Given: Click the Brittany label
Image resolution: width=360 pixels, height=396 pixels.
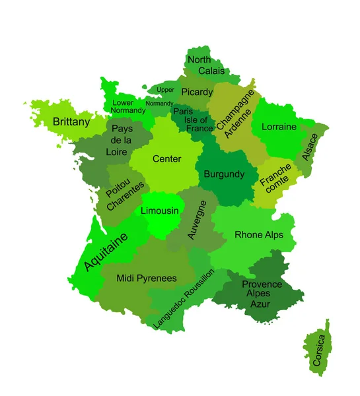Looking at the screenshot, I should (71, 122).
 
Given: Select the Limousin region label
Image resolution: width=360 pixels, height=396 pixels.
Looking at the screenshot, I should (160, 211).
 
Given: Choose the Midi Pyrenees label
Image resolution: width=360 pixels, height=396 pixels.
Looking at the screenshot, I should (147, 279).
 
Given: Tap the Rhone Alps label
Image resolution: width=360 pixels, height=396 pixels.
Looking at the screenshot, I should (258, 234).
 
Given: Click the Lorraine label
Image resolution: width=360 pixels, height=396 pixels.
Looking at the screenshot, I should (279, 127).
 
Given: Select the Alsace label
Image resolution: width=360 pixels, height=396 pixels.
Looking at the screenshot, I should (310, 147).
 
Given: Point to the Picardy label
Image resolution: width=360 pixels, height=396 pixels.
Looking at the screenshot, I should (197, 92).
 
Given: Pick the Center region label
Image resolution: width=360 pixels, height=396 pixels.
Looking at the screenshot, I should (166, 159).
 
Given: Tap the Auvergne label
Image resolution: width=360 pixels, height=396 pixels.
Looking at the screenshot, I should (198, 220).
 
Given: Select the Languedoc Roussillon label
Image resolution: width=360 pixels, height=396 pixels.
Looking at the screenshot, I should (184, 299).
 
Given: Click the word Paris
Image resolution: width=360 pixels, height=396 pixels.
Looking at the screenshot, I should (183, 112).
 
